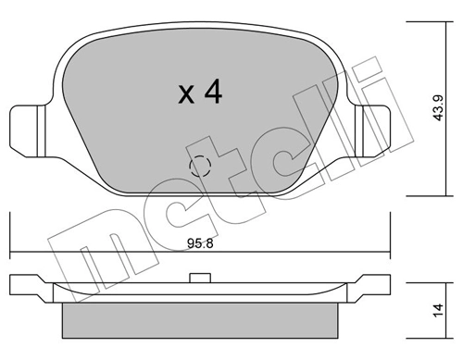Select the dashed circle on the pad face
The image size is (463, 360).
pos(199,168)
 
